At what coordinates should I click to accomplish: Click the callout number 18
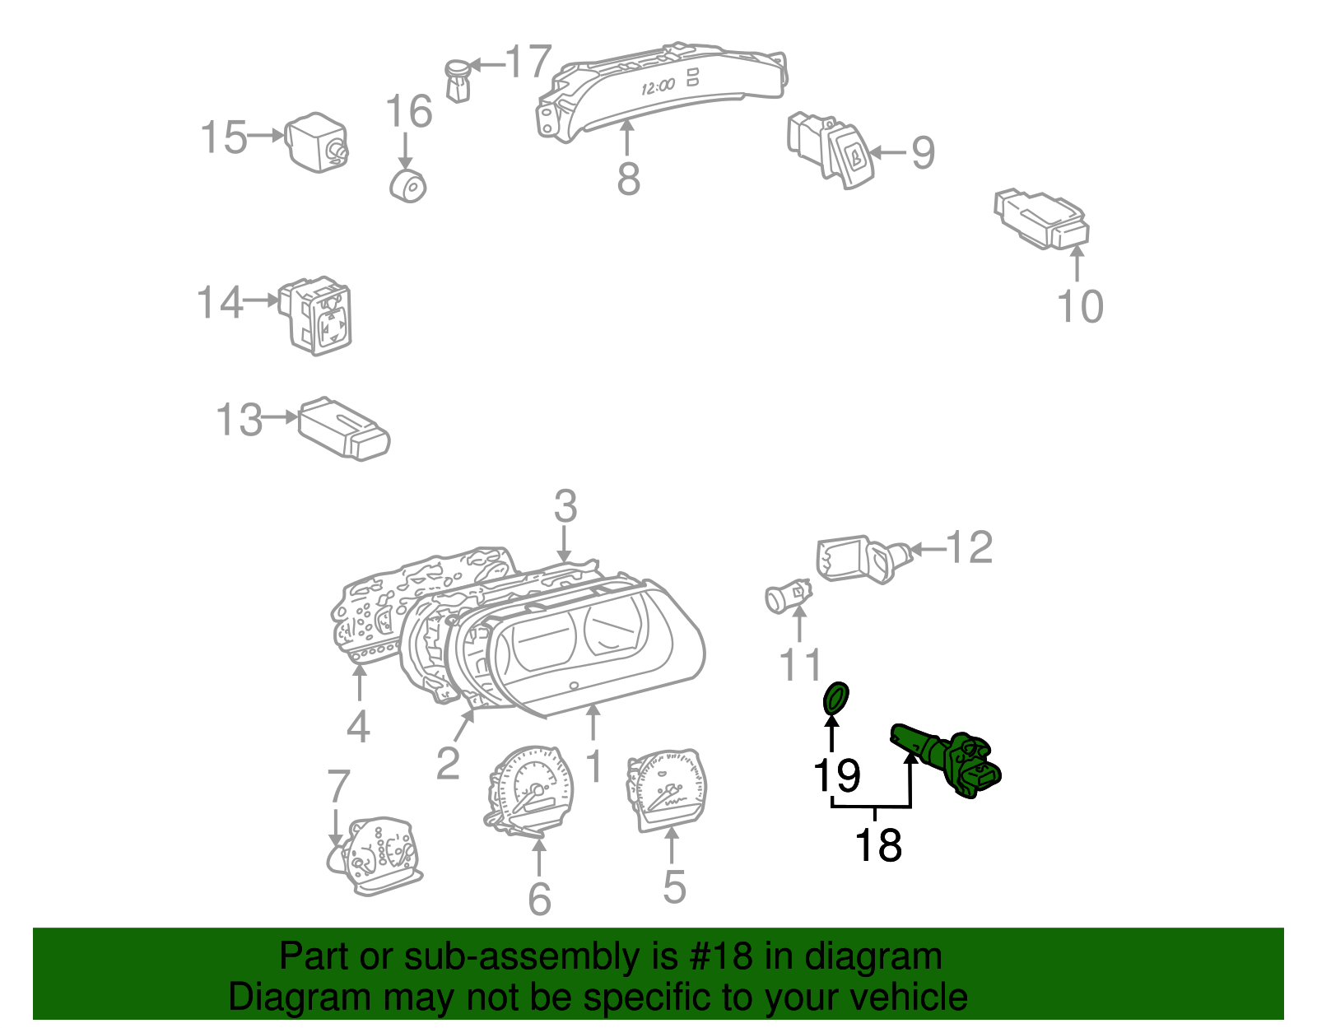point(878,845)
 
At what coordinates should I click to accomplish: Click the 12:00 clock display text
point(658,86)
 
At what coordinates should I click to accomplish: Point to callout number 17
point(527,62)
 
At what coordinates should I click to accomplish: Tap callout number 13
point(239,420)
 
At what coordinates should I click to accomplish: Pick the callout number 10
point(1079,306)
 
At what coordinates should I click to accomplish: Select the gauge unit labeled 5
point(667,790)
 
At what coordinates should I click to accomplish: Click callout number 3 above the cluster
point(565,506)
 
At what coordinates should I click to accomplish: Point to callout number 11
point(801,664)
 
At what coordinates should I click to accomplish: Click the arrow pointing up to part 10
point(1077,263)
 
